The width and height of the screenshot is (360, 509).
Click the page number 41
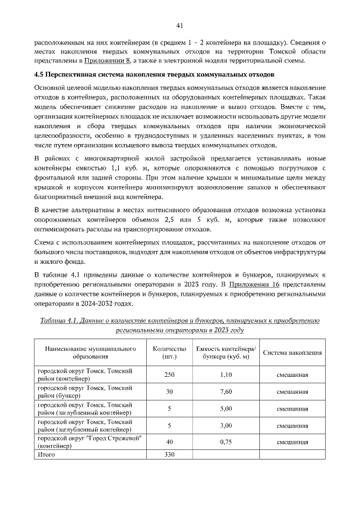(180, 25)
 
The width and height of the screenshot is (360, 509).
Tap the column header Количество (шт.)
(169, 353)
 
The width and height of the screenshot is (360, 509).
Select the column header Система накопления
(292, 353)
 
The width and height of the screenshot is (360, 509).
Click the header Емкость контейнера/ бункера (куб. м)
(226, 353)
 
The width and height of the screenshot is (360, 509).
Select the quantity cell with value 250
(169, 374)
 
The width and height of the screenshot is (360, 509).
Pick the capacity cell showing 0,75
(226, 442)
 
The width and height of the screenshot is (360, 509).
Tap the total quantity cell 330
(169, 454)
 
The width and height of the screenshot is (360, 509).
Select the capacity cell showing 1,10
(226, 374)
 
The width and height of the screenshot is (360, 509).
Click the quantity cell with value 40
(169, 442)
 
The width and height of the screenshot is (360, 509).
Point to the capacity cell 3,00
(226, 425)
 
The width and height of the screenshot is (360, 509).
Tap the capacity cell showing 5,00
(226, 408)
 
